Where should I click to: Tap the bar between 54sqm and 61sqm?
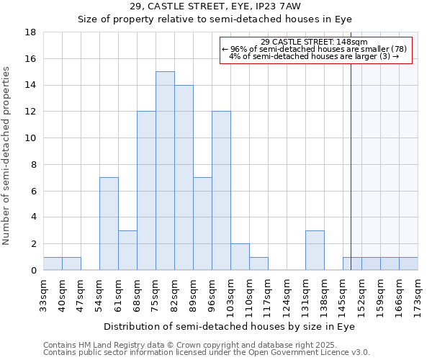(x=109, y=223)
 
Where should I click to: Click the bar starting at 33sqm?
(x=53, y=264)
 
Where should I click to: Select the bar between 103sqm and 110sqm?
(x=240, y=256)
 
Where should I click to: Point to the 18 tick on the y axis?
(x=30, y=32)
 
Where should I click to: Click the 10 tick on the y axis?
(x=30, y=138)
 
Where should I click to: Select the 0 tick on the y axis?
(x=33, y=270)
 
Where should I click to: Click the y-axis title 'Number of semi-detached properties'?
(x=7, y=156)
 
